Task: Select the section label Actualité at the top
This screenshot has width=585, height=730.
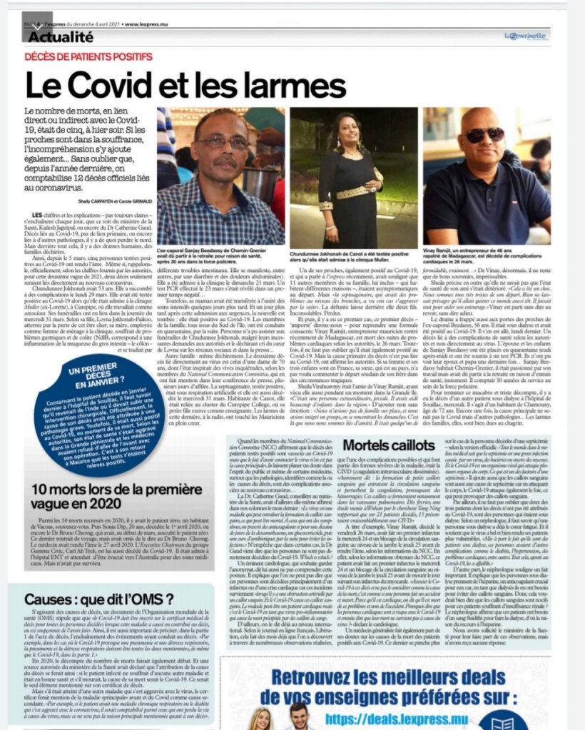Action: (61, 36)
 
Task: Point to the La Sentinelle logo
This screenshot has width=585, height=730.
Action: (525, 35)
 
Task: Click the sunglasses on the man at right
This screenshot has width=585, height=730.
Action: (484, 136)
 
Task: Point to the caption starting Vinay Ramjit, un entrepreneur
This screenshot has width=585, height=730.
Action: (486, 258)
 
